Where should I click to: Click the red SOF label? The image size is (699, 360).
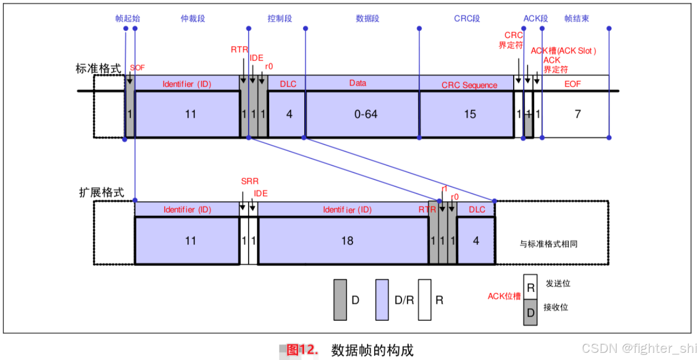coord(137,68)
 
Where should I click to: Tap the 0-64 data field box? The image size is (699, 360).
coord(362,114)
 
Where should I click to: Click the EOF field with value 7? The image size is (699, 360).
coord(576,114)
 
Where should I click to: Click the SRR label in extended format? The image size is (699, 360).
coord(250,181)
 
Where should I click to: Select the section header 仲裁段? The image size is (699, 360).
coord(193,19)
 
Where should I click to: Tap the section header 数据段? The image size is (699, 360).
coord(368,19)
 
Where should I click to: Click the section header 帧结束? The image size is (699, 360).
coord(576,19)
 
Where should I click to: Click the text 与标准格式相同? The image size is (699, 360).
coord(548,244)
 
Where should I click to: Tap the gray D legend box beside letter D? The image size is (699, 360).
coord(340,300)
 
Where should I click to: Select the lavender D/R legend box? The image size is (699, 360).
coord(381,300)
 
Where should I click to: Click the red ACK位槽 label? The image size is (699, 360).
coord(504,296)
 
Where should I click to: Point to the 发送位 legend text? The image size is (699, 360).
coord(557,284)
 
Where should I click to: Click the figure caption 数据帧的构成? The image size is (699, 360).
coord(372,350)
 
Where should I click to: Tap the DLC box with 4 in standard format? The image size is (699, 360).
coord(287,114)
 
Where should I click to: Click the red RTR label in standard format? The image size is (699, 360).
coord(239,50)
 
